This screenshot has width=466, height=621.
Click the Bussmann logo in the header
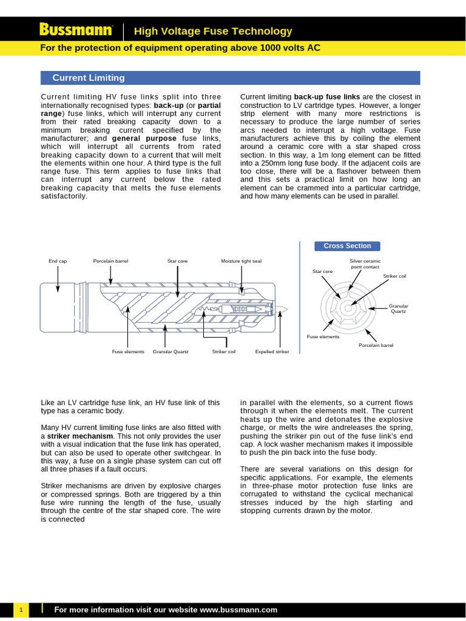coord(76,30)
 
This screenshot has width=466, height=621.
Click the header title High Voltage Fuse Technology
coord(212,31)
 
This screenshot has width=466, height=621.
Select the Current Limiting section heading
coord(89,78)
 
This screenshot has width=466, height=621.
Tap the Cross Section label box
coord(347,246)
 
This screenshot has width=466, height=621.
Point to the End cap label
coord(58,261)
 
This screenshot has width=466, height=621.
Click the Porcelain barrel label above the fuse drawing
coord(110,261)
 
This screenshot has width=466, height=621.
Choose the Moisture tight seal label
coord(241,261)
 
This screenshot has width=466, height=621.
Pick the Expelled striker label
coord(272,351)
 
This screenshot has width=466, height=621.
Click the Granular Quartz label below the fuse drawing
coord(171,351)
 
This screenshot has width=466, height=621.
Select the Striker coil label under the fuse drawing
coord(223,351)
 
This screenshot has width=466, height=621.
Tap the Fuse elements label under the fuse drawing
coord(128,351)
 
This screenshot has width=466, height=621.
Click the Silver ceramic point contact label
coord(365,263)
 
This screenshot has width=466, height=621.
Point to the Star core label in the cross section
coord(322,271)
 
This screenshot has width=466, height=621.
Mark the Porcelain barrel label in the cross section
coord(376,345)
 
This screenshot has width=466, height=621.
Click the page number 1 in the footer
coord(21,609)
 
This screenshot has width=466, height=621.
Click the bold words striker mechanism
coord(80,436)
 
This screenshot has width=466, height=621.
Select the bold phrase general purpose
coord(144,138)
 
